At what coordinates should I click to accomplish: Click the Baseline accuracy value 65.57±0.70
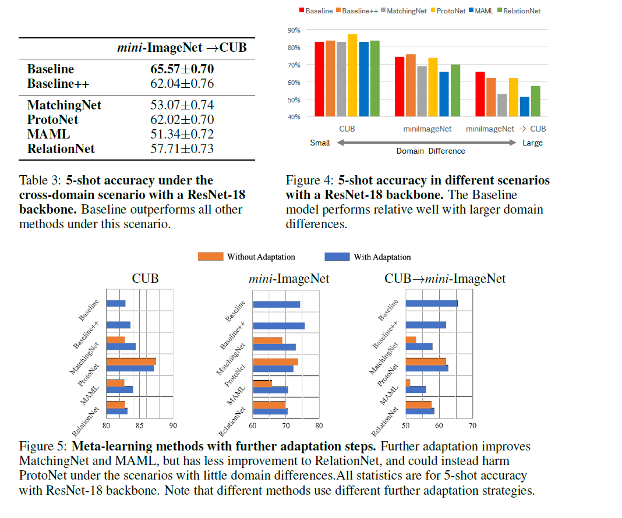(182, 69)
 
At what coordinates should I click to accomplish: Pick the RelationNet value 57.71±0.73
(182, 149)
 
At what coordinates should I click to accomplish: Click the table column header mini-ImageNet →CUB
(182, 48)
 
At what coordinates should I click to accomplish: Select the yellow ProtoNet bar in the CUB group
(352, 75)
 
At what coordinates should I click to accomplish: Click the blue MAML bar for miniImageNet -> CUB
(525, 107)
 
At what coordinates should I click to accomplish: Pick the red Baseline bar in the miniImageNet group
(400, 86)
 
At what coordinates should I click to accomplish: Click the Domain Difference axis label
(430, 151)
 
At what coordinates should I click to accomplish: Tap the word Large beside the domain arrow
(532, 143)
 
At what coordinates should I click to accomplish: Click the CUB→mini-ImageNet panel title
(445, 279)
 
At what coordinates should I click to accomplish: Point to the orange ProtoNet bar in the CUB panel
(131, 361)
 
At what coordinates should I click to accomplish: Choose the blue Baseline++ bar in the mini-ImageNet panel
(278, 325)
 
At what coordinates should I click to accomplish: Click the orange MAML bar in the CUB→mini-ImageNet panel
(408, 382)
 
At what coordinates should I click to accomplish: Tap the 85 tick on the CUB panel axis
(139, 425)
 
